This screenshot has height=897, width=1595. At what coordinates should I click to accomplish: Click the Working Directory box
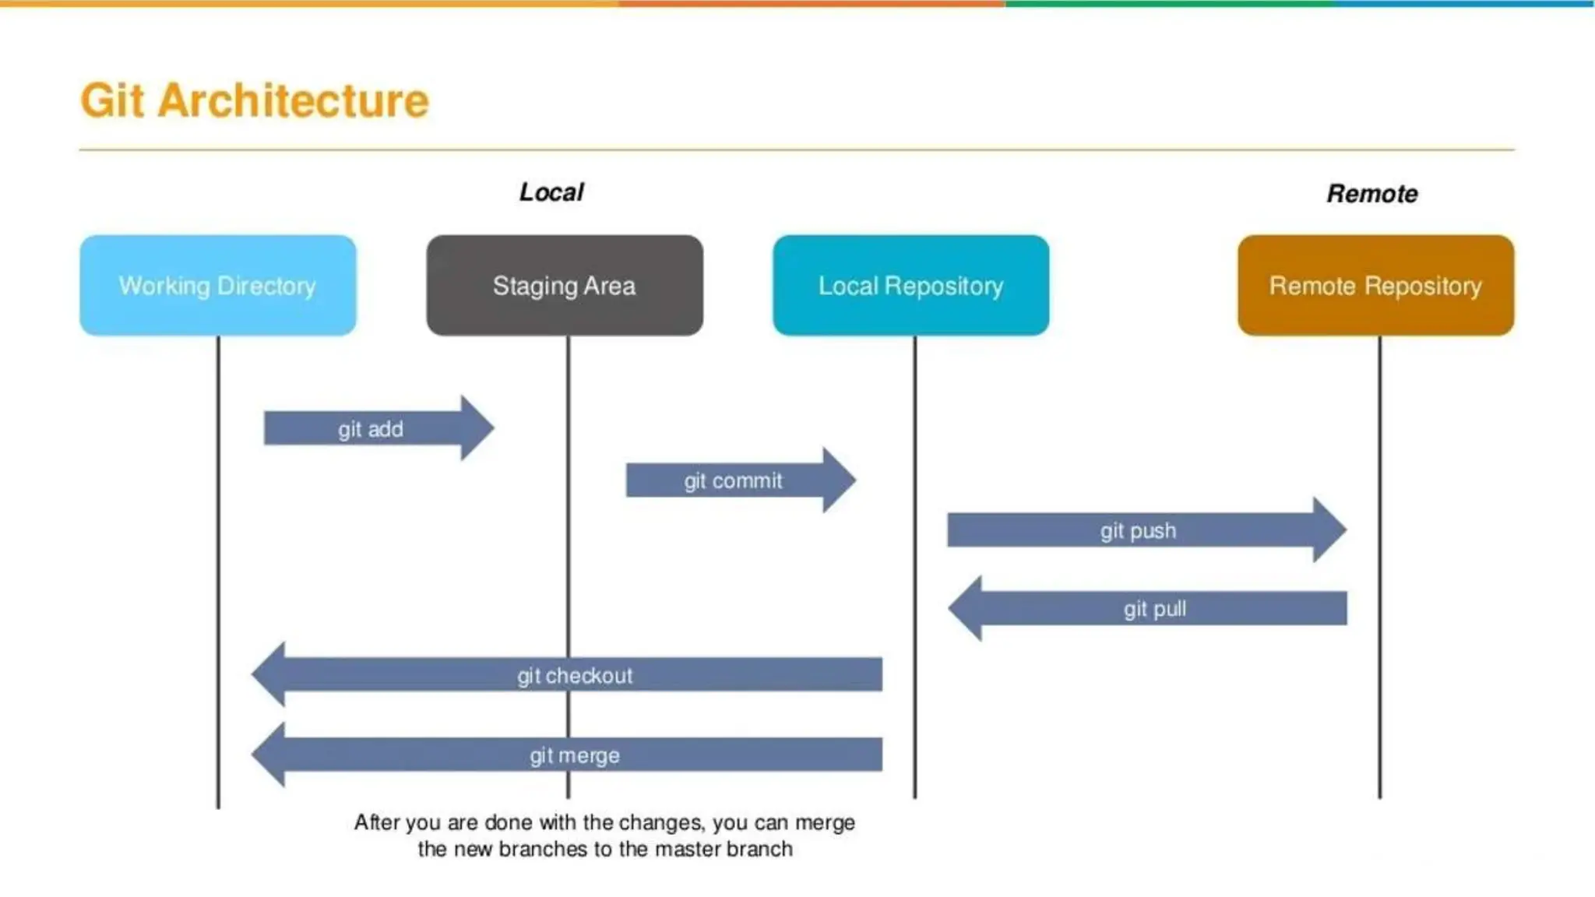tap(217, 285)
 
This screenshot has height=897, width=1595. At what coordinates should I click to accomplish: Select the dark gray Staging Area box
tap(564, 285)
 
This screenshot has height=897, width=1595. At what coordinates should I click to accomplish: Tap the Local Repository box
tap(910, 285)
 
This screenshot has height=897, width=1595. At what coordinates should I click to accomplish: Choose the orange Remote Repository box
tap(1375, 285)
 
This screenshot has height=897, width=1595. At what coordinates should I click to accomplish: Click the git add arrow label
tap(370, 429)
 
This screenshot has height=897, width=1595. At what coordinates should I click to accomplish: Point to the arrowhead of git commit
tap(839, 480)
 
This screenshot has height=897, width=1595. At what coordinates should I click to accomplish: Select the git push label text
tap(1138, 531)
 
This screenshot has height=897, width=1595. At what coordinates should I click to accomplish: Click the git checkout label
tap(575, 676)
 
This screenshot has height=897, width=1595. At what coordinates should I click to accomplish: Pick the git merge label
tap(575, 755)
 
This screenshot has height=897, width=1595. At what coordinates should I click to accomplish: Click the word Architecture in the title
tap(293, 100)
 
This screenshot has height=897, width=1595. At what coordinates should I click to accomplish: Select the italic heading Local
tap(551, 192)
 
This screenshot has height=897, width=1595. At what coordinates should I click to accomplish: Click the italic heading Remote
tap(1372, 194)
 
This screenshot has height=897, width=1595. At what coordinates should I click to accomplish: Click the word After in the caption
tap(376, 822)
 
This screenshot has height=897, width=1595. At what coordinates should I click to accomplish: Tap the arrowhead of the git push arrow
tap(1329, 530)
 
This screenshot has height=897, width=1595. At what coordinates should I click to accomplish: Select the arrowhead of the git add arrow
tap(476, 428)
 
